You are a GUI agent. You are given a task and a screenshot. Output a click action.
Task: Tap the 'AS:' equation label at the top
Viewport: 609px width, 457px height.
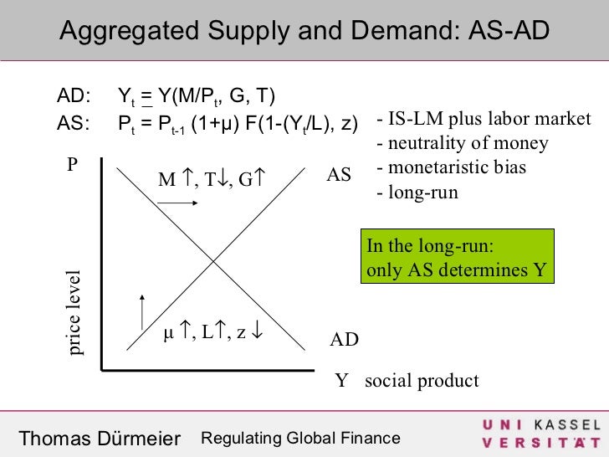pyautogui.click(x=74, y=124)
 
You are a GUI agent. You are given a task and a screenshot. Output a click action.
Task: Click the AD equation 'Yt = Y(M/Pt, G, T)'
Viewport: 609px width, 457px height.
pyautogui.click(x=197, y=94)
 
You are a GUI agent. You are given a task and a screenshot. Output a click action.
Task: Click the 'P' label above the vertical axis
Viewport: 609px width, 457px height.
pyautogui.click(x=73, y=165)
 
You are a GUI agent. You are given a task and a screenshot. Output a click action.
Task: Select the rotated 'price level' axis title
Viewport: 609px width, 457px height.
pyautogui.click(x=75, y=313)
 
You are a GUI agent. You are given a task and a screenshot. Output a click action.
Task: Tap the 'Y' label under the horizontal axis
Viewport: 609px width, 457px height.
pyautogui.click(x=340, y=382)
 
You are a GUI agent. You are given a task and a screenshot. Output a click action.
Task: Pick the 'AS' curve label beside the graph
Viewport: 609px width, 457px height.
pyautogui.click(x=339, y=176)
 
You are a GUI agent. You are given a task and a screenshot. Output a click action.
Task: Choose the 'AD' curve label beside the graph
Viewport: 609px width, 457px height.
pyautogui.click(x=344, y=340)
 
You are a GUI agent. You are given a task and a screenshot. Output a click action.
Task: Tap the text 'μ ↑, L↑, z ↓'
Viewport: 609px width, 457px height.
pyautogui.click(x=212, y=331)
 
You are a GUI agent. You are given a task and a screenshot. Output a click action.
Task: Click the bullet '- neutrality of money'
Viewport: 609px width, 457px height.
pyautogui.click(x=463, y=143)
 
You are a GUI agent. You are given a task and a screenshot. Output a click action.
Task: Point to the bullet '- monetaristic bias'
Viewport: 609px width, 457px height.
pyautogui.click(x=452, y=167)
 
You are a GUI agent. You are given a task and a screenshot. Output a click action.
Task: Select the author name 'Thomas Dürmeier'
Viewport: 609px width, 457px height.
pyautogui.click(x=100, y=439)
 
